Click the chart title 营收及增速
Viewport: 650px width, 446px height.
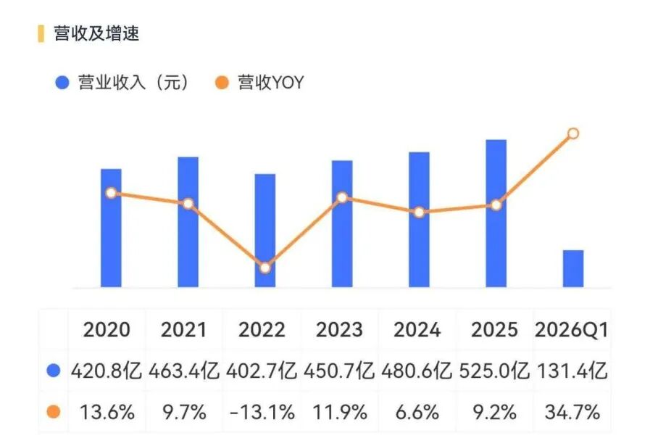click(x=96, y=33)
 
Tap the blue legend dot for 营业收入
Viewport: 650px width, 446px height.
click(x=62, y=82)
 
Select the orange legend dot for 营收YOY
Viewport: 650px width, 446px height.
click(x=222, y=82)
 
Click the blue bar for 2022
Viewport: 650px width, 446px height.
click(x=265, y=231)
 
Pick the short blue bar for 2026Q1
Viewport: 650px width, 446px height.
click(x=573, y=268)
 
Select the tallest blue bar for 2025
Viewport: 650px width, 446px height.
click(x=496, y=213)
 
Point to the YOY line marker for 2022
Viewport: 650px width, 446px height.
click(x=265, y=268)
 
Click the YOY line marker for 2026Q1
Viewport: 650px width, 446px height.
click(x=573, y=133)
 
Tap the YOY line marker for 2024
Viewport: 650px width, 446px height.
click(x=419, y=212)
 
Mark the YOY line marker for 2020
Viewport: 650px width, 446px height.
click(x=111, y=193)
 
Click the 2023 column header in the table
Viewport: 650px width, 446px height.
click(x=339, y=330)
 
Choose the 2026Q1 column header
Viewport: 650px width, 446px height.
click(x=572, y=330)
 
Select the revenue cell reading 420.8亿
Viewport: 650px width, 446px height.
click(x=106, y=371)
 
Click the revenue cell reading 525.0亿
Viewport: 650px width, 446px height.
click(x=494, y=371)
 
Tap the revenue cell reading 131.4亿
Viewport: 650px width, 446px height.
click(x=572, y=371)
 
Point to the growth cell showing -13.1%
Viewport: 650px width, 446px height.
click(x=262, y=413)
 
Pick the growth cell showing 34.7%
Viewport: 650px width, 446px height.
click(x=572, y=413)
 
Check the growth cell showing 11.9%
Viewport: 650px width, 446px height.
click(x=340, y=413)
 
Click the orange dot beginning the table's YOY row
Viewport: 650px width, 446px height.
click(x=54, y=412)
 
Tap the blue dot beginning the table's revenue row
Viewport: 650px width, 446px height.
click(x=54, y=371)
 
